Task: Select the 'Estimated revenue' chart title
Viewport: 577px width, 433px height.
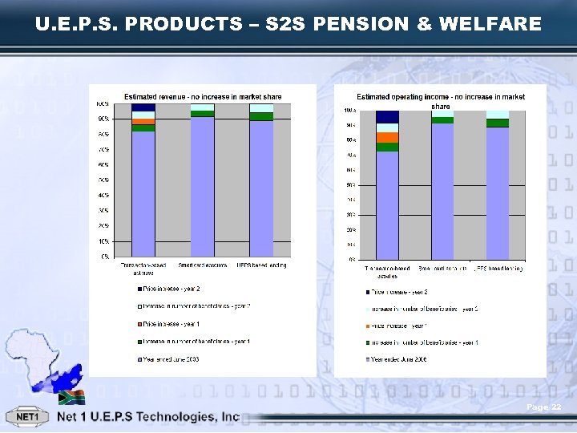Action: click(x=203, y=97)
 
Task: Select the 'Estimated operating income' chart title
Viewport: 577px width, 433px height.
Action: click(x=441, y=101)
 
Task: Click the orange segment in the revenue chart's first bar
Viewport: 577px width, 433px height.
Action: click(x=143, y=122)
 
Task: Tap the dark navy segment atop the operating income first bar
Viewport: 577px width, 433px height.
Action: click(x=387, y=117)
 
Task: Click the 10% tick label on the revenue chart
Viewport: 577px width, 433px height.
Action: click(x=103, y=241)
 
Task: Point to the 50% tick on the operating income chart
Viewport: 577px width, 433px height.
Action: click(x=350, y=184)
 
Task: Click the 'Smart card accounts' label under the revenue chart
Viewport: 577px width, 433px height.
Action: click(x=203, y=265)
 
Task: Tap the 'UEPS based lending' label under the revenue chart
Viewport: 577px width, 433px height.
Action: click(x=262, y=265)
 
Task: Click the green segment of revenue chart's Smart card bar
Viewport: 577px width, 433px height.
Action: click(x=203, y=114)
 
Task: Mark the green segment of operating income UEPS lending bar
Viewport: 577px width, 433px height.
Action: click(x=498, y=123)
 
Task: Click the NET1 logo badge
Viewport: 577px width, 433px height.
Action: click(x=27, y=418)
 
